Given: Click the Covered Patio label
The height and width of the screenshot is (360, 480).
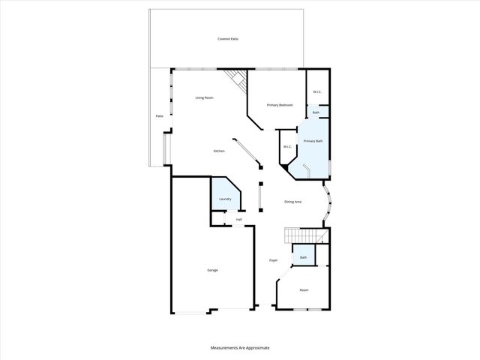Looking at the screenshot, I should click(228, 38).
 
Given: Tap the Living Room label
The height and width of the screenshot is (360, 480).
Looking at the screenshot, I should click(205, 97).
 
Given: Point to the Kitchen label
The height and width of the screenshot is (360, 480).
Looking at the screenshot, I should click(219, 151).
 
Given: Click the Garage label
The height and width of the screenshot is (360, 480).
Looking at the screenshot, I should click(213, 270).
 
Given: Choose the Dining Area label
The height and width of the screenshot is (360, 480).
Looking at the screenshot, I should click(292, 202).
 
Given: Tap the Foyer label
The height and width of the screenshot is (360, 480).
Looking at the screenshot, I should click(274, 260).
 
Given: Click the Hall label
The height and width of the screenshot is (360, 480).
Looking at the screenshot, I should click(238, 220).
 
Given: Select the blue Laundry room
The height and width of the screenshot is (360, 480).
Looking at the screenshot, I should click(225, 196).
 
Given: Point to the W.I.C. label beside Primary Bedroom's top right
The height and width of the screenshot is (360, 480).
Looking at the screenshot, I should click(317, 92).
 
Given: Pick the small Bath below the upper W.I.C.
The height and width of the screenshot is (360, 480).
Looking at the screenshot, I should click(316, 112).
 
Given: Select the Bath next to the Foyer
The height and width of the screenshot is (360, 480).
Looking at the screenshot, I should click(304, 257).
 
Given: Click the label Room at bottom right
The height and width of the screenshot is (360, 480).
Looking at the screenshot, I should click(304, 289).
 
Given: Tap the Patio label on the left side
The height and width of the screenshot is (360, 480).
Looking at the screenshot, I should click(159, 116).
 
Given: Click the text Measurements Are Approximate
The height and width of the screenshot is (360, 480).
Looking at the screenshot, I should click(240, 348).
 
